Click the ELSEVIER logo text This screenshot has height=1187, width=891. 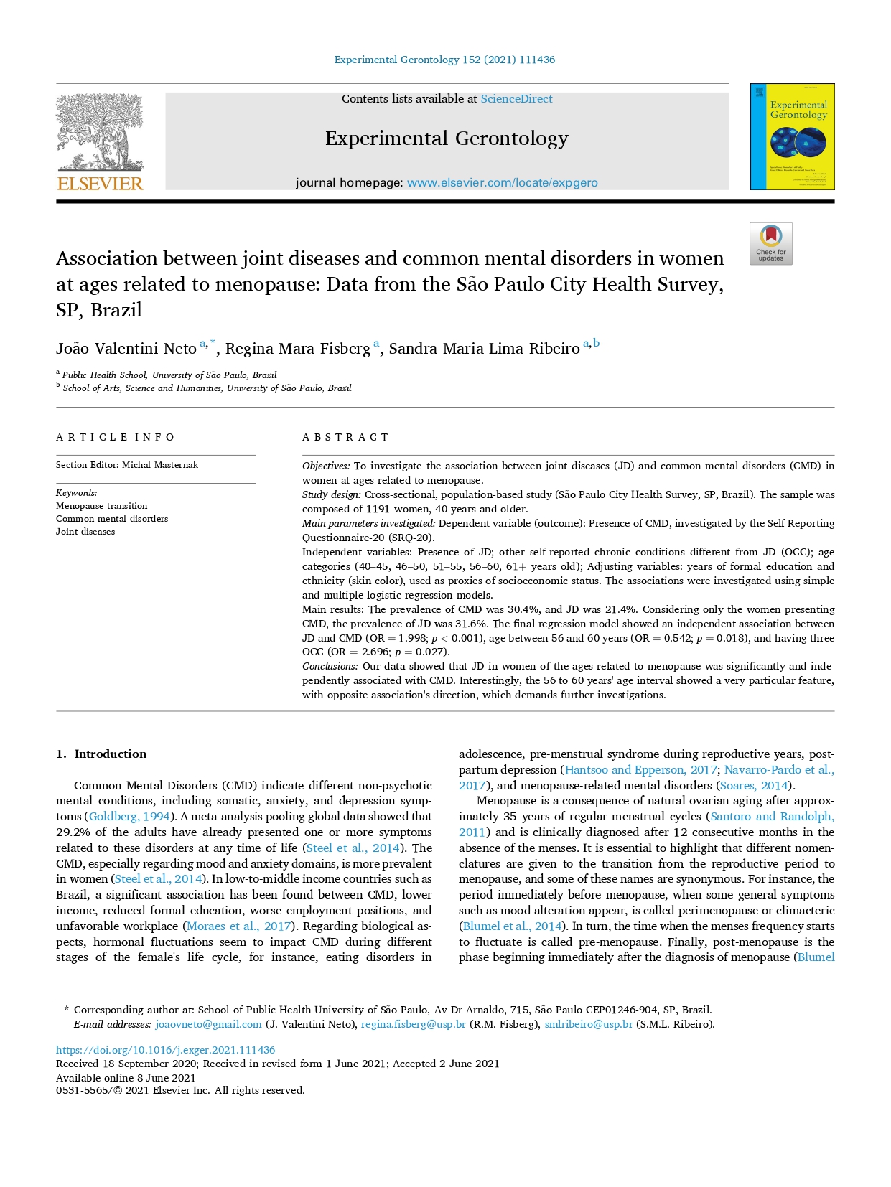pos(100,184)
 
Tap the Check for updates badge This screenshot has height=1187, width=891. pos(770,244)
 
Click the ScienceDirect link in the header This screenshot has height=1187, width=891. pos(516,99)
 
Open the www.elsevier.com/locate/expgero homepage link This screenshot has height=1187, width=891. pos(502,183)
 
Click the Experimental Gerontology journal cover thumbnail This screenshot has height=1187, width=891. pos(791,136)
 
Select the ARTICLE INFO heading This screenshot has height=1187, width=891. pos(116,437)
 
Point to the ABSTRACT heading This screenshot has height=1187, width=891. pos(345,437)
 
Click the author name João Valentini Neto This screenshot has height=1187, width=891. pos(126,349)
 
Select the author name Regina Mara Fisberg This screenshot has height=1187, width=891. pos(298,349)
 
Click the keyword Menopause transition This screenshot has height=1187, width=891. pos(101,506)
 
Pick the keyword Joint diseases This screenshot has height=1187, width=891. pos(85,532)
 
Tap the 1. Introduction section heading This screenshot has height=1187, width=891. pos(101,754)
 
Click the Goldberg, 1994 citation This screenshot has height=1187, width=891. pos(129,817)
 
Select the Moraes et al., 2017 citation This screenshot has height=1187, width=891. pos(238,926)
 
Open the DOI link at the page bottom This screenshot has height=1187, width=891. pos(165,1050)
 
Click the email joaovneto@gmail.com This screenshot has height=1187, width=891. pos(208,1024)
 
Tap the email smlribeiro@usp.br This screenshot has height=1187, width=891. pos(588,1024)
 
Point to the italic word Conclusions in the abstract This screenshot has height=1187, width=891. pos(330,667)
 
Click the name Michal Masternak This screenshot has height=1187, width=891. pos(160,465)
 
